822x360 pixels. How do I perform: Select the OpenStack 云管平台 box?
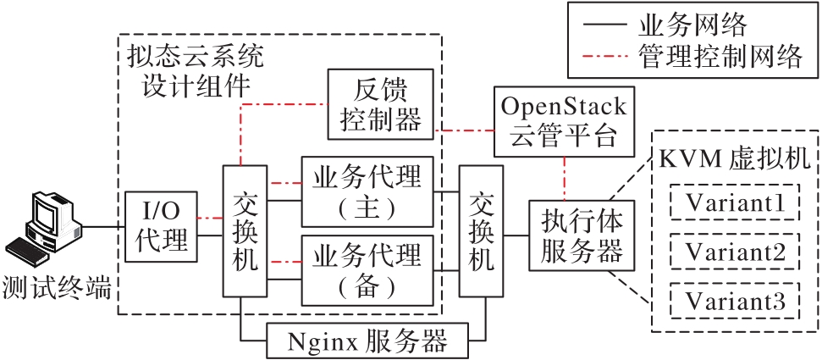(x=564, y=121)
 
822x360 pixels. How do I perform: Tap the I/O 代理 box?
(x=161, y=226)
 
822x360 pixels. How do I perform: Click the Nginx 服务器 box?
(x=367, y=341)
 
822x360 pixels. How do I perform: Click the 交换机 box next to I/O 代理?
(x=245, y=230)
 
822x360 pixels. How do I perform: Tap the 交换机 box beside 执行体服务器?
(x=480, y=230)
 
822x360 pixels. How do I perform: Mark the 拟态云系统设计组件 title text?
(x=194, y=70)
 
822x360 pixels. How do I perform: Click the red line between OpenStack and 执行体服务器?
(x=564, y=179)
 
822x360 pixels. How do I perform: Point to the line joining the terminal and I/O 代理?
(x=103, y=226)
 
